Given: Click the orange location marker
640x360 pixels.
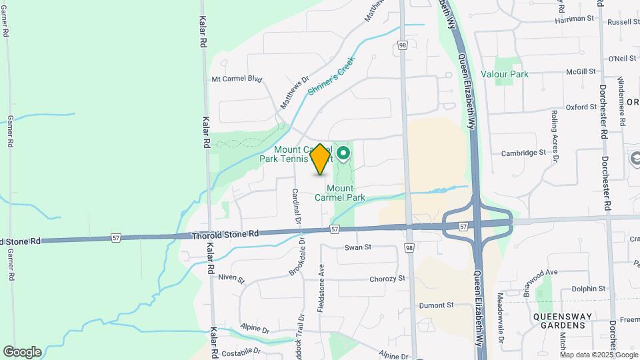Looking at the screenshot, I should tap(321, 159).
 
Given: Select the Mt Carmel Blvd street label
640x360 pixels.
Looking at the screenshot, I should tap(237, 79).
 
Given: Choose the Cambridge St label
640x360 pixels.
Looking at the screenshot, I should tap(524, 153).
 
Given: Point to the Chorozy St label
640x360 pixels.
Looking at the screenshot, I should tap(387, 279).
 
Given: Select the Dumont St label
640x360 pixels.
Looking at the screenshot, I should tap(436, 305).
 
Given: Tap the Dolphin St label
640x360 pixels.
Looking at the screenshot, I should tap(589, 289).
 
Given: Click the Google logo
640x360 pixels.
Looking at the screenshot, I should tap(22, 352).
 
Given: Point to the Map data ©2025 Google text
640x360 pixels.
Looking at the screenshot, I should tap(598, 355).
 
